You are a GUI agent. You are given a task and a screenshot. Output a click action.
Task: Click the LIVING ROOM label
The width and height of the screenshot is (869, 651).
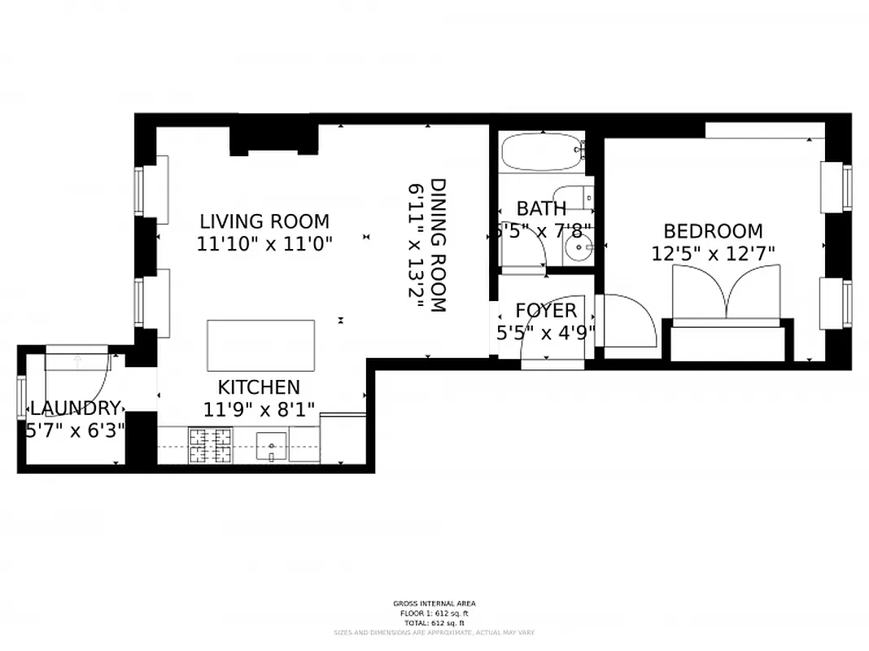coord(264,221)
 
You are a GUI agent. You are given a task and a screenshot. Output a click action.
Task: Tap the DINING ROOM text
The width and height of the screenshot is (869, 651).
coord(438,245)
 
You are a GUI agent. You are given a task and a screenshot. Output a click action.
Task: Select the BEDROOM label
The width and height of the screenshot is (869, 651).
coord(713,231)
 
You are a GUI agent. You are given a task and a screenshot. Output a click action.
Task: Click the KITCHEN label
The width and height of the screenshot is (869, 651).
coord(259,387)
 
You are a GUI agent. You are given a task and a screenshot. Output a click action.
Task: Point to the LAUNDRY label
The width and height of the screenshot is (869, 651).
coord(75,409)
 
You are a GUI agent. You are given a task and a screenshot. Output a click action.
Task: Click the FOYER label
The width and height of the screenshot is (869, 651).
coord(546,311)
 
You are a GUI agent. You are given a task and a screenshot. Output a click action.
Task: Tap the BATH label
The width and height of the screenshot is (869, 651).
coord(541,209)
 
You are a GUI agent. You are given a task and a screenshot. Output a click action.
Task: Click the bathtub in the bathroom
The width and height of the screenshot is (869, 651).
coord(542,152)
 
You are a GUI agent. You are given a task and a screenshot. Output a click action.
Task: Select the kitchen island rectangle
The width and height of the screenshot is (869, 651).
coord(261,346)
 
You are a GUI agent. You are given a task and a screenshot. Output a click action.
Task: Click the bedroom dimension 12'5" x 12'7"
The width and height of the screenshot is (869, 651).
coord(713,254)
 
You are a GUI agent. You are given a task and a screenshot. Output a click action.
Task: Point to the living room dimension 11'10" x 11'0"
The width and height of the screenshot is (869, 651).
coord(264,243)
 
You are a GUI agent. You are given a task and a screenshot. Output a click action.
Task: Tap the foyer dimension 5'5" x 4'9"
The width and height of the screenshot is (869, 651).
coord(546,332)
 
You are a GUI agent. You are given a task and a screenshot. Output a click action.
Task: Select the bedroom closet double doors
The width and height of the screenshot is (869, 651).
coord(727,295)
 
